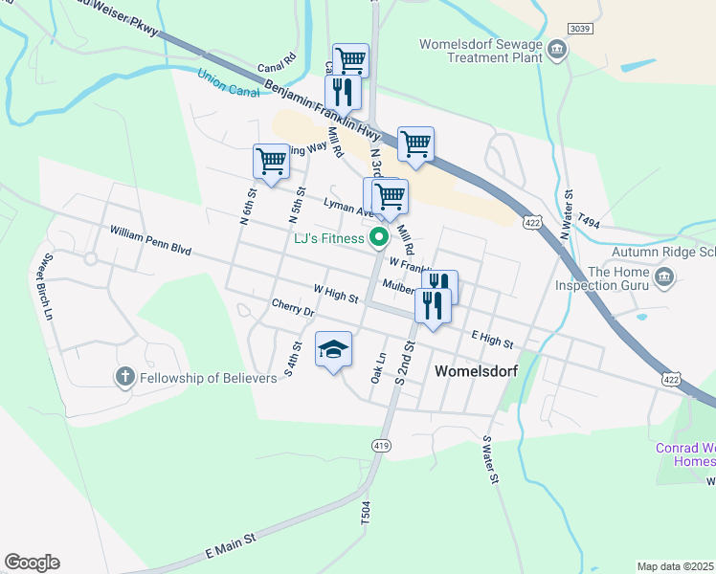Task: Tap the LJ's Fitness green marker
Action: [x=379, y=238]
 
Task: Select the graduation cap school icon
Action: [x=333, y=350]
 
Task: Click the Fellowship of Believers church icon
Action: [x=125, y=377]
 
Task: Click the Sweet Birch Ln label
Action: [x=44, y=286]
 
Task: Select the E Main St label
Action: [x=231, y=547]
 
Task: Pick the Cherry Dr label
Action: [x=293, y=308]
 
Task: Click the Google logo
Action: [x=32, y=563]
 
